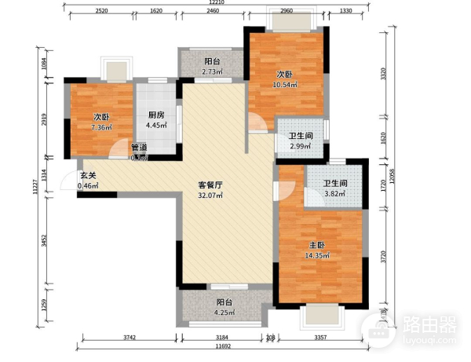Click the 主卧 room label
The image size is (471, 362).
tap(316, 244)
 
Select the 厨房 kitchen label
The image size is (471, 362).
tap(155, 115)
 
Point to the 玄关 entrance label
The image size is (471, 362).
tap(87, 176)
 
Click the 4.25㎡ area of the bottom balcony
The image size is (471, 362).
tap(225, 312)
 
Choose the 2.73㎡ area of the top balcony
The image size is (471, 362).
tap(212, 73)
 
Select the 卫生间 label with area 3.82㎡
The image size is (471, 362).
tap(335, 185)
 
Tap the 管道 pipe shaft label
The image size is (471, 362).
tap(138, 147)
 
